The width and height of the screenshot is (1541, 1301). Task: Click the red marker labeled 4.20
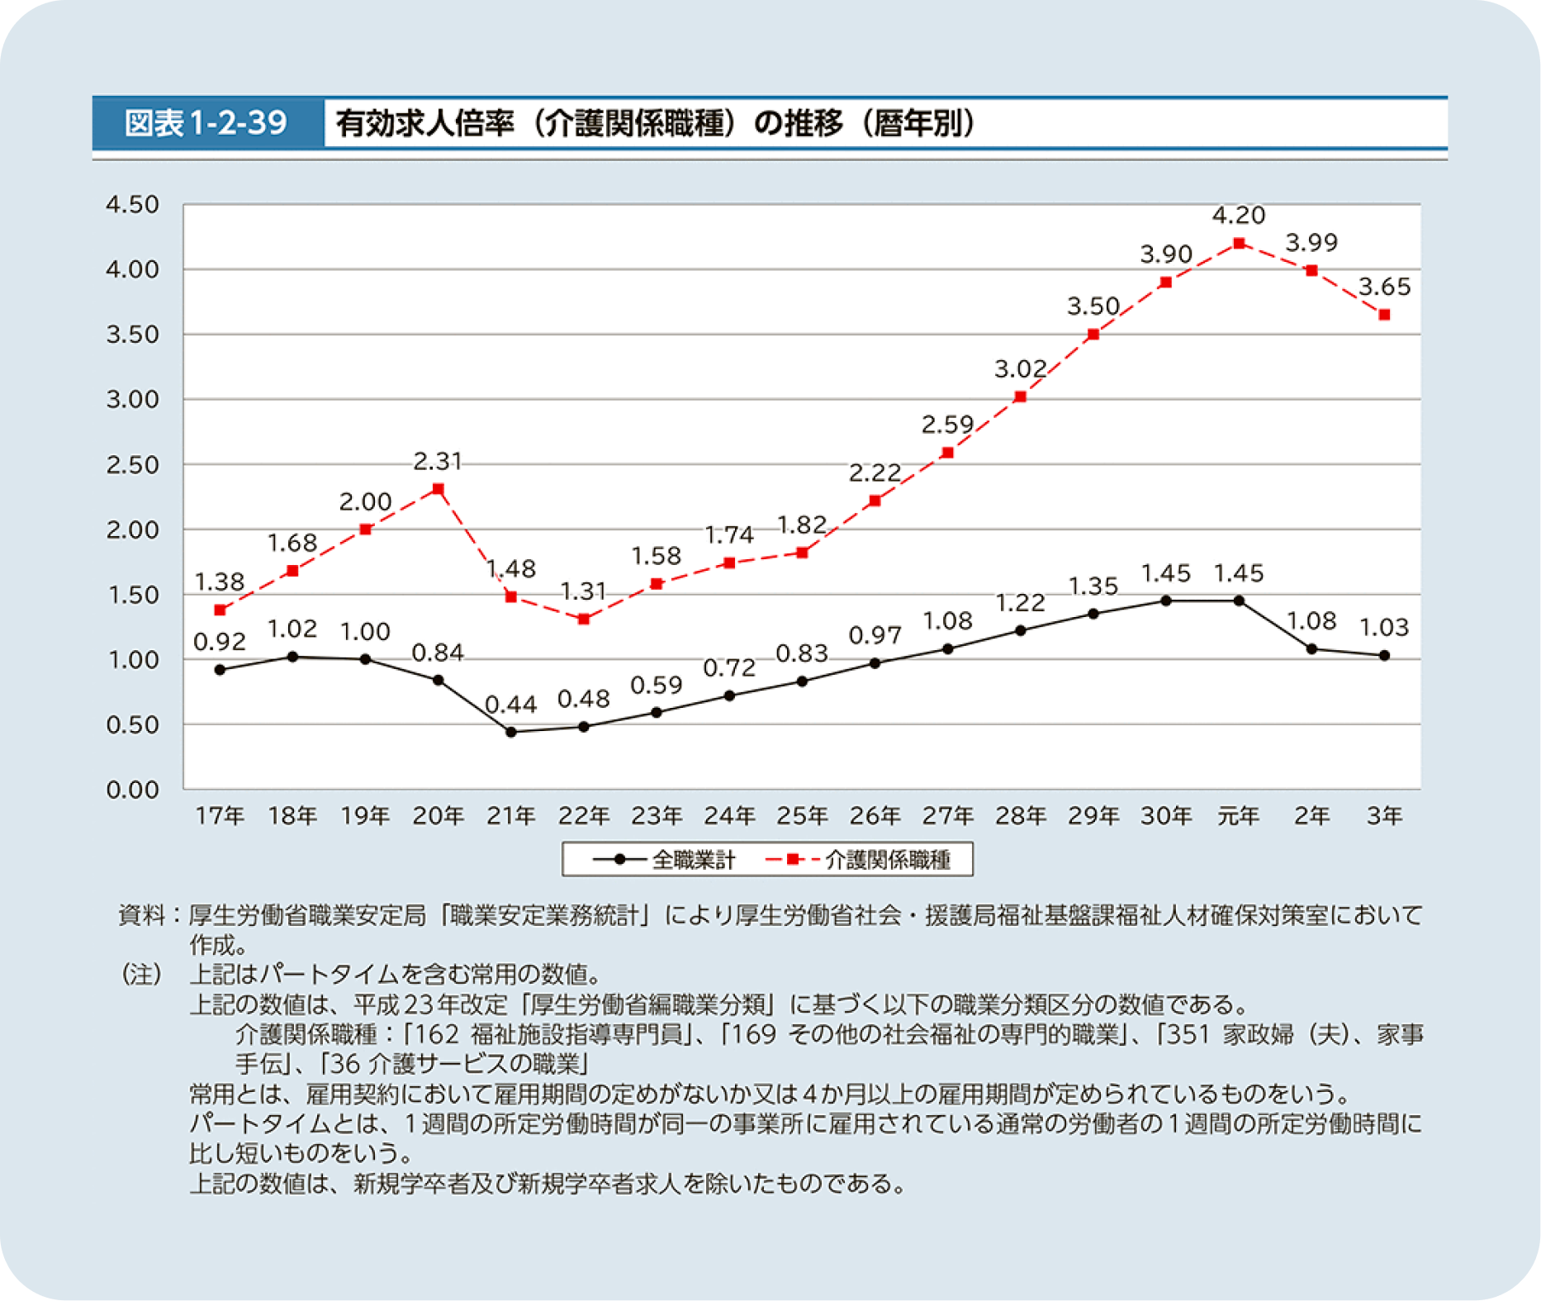[x=1239, y=243]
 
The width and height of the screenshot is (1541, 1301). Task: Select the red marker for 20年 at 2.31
[x=439, y=489]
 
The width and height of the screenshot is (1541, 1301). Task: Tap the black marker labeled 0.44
[x=511, y=732]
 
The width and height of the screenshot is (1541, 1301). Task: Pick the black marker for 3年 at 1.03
[x=1385, y=656]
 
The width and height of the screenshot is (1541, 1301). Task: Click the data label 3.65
[x=1385, y=287]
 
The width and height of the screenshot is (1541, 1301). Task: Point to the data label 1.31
[x=583, y=591]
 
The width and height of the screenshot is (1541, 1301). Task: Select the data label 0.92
[x=220, y=642]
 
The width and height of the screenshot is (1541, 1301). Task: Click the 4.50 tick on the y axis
[x=132, y=204]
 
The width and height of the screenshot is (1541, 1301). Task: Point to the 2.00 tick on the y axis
[x=132, y=529]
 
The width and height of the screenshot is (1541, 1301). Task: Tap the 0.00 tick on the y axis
[x=132, y=790]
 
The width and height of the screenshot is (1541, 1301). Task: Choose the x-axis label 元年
[x=1239, y=816]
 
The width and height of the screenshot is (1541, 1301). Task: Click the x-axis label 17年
[x=220, y=816]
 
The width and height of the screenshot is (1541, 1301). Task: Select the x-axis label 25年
[x=802, y=816]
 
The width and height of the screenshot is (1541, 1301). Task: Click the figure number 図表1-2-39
[x=206, y=123]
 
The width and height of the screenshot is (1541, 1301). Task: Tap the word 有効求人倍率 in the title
[x=424, y=123]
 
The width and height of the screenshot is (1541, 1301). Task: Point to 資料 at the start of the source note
[x=141, y=915]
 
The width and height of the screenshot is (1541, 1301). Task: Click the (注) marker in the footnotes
[x=141, y=975]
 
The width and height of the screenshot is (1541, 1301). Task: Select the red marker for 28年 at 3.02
[x=1021, y=396]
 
